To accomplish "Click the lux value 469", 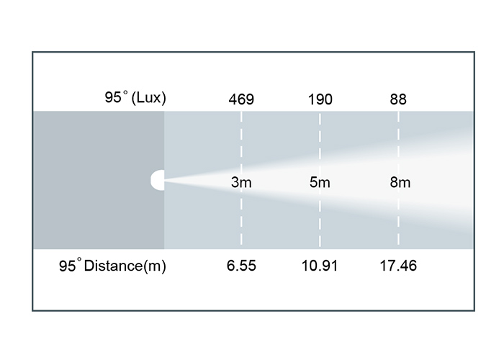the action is (241, 99).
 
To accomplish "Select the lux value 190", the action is (320, 99).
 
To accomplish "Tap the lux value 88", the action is (398, 99).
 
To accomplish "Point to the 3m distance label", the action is (241, 182).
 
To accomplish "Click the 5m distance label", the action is (320, 182).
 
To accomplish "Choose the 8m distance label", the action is (400, 182).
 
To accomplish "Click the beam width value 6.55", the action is (241, 266).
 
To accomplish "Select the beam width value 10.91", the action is (320, 266).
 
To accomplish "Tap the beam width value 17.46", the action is (398, 266).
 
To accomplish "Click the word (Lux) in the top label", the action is (149, 97).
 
